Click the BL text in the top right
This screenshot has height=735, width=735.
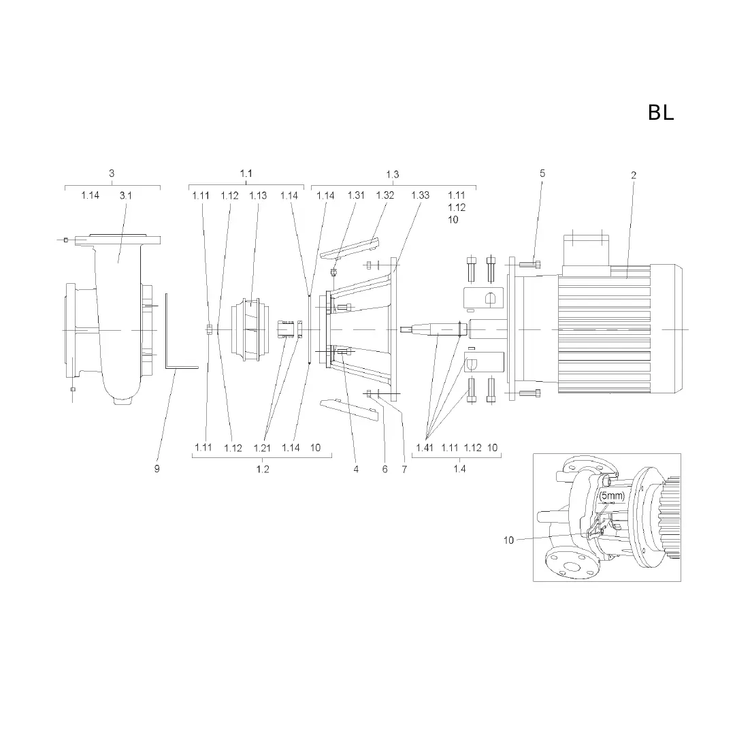click(x=661, y=112)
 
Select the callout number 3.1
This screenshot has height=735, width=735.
click(x=126, y=195)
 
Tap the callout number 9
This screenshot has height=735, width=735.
click(x=157, y=469)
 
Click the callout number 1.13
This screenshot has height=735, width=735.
click(x=258, y=195)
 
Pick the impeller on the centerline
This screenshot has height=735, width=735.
click(x=250, y=330)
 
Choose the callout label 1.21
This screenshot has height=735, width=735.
click(x=262, y=448)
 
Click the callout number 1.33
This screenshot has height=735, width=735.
click(x=421, y=195)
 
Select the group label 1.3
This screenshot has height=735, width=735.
click(x=393, y=174)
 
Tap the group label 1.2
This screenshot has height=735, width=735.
click(x=263, y=469)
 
